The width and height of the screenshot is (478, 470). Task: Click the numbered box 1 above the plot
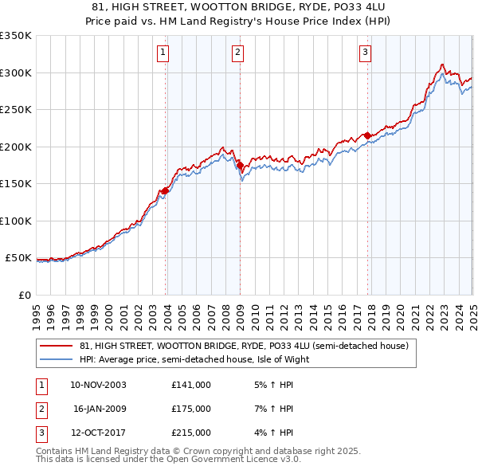pos(163,53)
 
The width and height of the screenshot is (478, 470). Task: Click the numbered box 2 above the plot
pos(237,53)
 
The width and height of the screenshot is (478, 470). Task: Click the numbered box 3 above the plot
pos(365,53)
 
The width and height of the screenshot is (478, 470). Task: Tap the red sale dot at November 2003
pos(165,190)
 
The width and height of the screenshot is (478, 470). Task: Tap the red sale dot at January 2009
pos(240,166)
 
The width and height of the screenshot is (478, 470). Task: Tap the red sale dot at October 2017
pos(367,136)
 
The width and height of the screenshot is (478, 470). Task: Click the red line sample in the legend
pos(56,346)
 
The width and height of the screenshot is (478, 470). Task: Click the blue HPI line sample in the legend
pos(56,358)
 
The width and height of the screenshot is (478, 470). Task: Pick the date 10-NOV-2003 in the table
pos(98,385)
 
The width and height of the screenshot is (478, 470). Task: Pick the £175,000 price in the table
pos(191,409)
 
